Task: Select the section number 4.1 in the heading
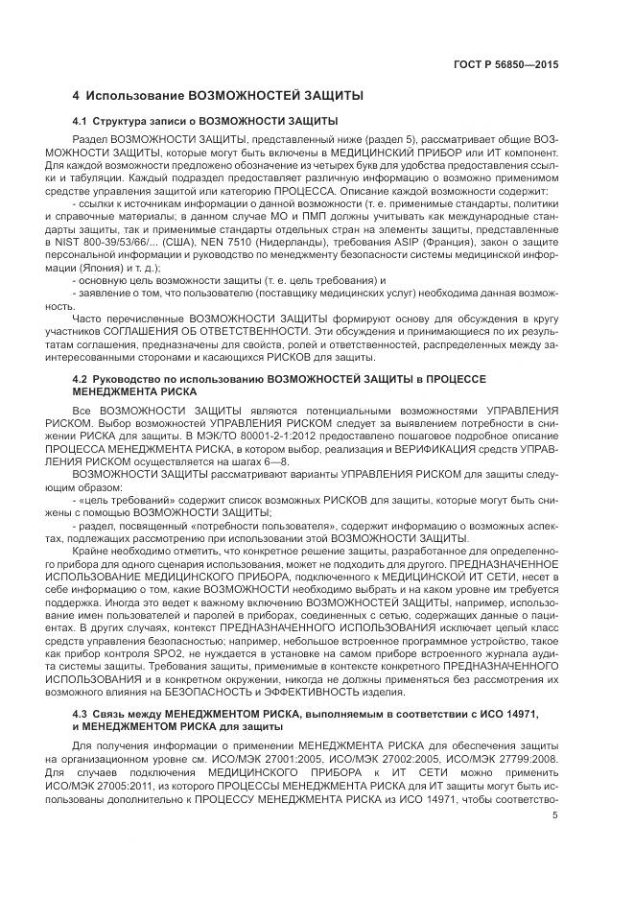click(80, 121)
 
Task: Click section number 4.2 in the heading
click(80, 379)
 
